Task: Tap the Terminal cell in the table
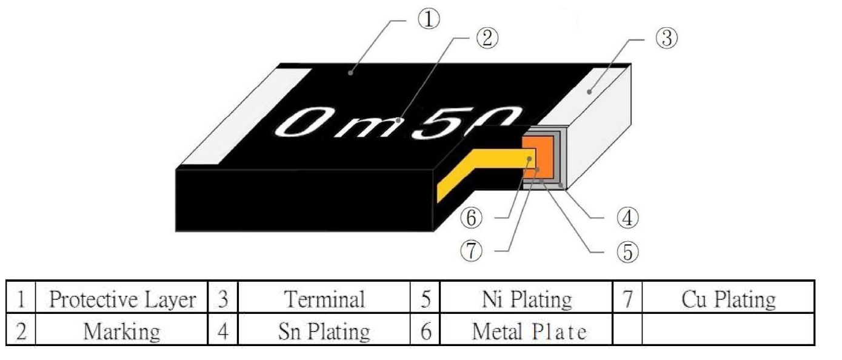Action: click(324, 298)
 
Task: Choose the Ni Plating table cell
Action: click(526, 298)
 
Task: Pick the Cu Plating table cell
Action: click(728, 298)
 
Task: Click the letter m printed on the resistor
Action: click(378, 126)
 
